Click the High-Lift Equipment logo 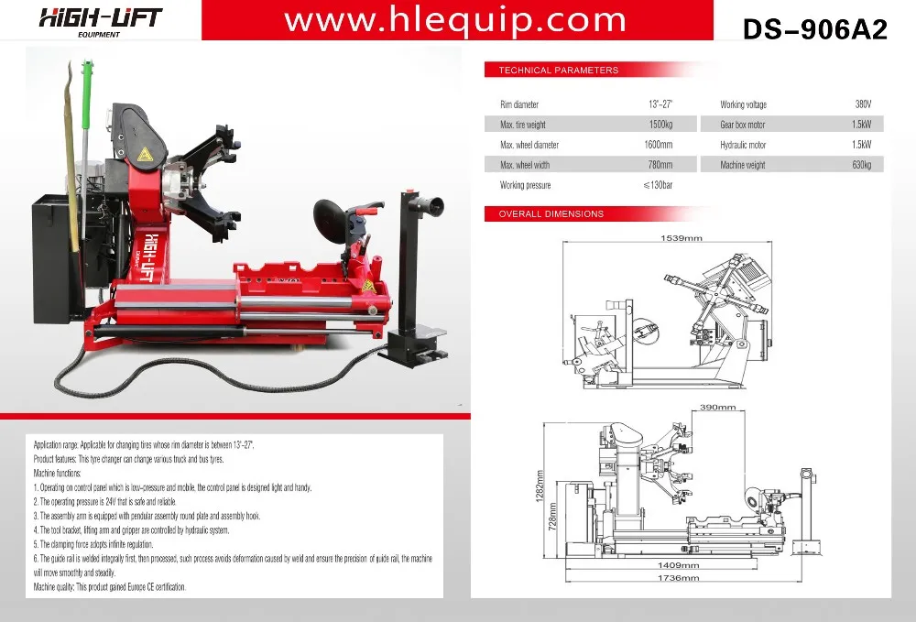(100, 22)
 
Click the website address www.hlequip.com (455, 20)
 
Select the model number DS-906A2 (815, 28)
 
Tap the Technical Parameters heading (559, 71)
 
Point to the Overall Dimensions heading (551, 213)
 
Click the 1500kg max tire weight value (660, 125)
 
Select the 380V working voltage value (863, 104)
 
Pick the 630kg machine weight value (862, 165)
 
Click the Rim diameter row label (519, 104)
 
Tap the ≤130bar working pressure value (658, 185)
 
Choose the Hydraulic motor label (743, 145)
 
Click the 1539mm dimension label (682, 237)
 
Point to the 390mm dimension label (717, 407)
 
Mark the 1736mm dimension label (678, 578)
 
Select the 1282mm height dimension (540, 486)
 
